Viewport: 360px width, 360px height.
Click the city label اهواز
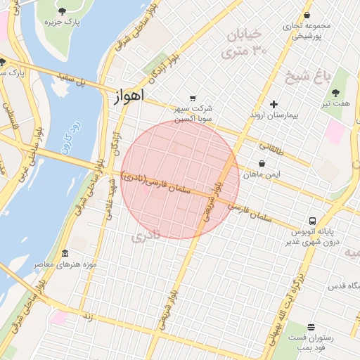(127, 96)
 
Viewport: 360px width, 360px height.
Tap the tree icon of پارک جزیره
(62, 11)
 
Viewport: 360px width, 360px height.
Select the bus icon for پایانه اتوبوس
(311, 221)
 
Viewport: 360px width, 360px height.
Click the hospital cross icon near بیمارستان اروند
(274, 104)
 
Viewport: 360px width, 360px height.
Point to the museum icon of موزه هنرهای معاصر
(65, 253)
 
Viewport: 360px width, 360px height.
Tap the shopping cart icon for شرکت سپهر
(193, 98)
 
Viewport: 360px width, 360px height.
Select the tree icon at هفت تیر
(335, 92)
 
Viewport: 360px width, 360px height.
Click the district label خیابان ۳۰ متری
(244, 42)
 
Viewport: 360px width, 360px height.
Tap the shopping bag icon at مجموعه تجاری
(307, 15)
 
